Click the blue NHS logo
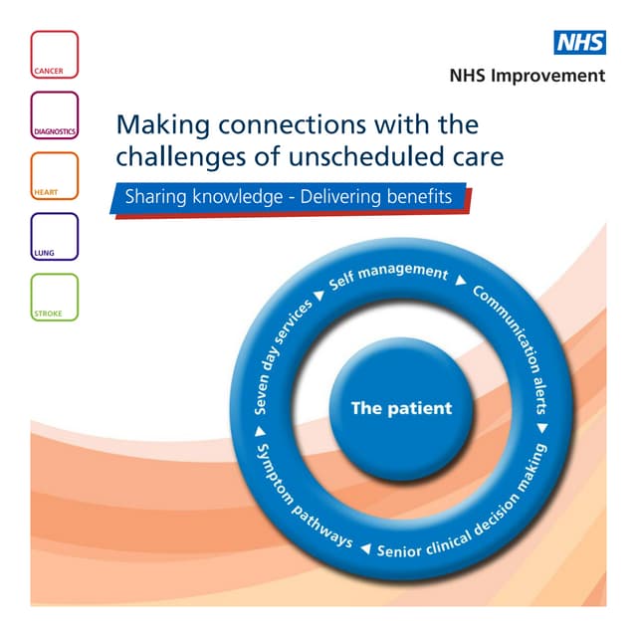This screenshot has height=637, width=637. click(x=579, y=42)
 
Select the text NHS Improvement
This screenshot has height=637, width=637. click(x=527, y=76)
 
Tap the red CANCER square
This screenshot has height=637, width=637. click(x=54, y=54)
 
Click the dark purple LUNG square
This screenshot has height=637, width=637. click(x=54, y=236)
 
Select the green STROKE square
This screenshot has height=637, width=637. click(x=54, y=297)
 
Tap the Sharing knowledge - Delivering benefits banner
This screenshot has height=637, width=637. click(x=289, y=197)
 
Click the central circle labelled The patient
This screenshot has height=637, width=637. click(x=400, y=408)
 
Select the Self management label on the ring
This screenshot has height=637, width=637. click(x=389, y=276)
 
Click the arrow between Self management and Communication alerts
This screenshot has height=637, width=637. click(x=460, y=282)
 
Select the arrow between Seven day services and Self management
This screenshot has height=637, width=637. click(x=319, y=296)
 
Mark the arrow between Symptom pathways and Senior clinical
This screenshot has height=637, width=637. click(x=365, y=548)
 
